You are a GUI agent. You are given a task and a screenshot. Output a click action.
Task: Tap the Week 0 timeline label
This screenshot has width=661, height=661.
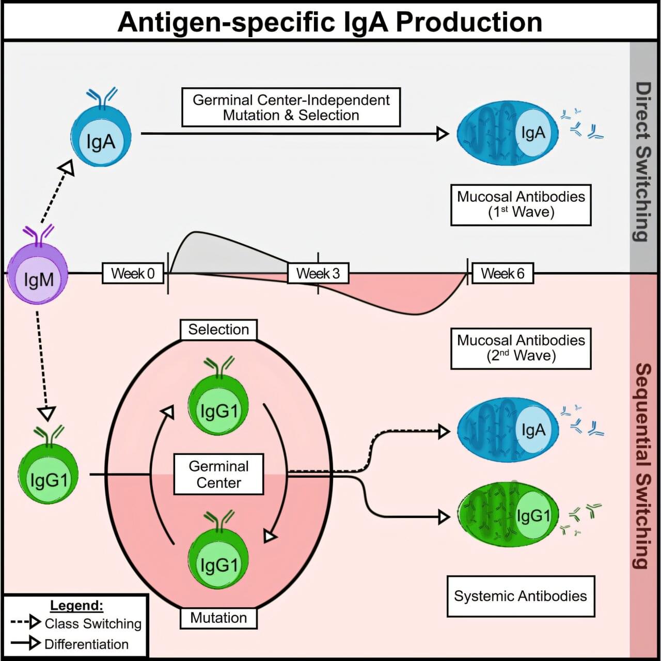133,273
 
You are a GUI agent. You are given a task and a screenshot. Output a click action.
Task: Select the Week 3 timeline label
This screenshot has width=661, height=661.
318,273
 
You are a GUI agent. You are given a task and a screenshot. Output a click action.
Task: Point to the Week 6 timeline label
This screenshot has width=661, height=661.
502,273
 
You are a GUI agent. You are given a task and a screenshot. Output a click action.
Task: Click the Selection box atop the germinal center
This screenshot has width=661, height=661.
218,329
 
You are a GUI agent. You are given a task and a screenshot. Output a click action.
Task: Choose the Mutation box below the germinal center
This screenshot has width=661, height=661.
218,618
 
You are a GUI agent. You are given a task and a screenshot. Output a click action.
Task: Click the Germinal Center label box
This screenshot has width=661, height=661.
219,475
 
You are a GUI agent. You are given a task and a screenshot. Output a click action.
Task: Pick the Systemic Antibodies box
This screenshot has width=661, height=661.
521,596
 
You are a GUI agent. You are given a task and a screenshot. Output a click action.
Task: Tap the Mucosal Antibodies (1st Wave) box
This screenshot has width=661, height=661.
521,204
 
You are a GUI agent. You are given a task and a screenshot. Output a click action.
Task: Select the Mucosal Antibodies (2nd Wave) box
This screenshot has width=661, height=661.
521,348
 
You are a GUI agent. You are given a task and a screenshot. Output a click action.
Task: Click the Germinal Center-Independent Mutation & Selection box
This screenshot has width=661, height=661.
291,107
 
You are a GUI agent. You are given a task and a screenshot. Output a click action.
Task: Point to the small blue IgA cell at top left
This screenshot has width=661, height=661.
101,138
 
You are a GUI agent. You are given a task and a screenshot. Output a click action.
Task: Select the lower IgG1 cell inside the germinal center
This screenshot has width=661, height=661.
218,561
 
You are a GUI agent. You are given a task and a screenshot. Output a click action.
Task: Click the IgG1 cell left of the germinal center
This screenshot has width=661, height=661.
48,477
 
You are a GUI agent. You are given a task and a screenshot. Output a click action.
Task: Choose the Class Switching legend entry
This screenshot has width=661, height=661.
76,623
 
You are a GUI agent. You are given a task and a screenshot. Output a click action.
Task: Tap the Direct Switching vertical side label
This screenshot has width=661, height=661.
642,161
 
